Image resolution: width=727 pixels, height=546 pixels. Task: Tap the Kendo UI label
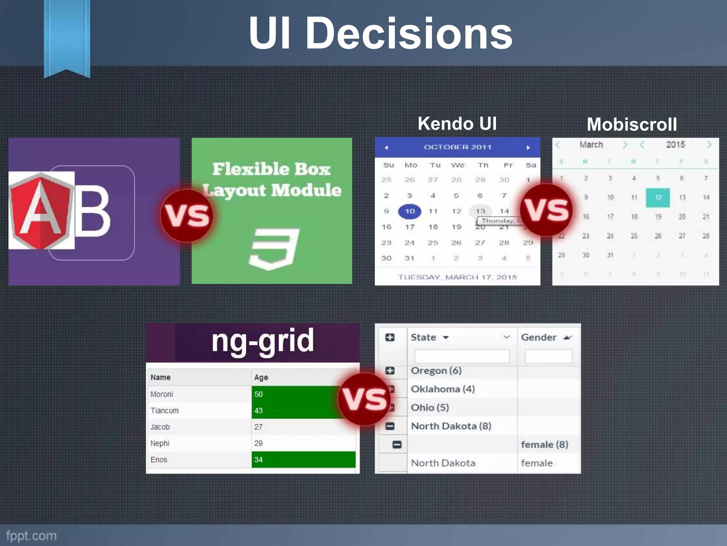coord(457,124)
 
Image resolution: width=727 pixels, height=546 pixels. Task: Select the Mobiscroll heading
coord(632,124)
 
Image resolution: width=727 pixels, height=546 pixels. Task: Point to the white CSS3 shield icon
coord(273,248)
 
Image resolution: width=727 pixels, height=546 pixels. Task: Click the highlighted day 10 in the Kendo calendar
coord(410,211)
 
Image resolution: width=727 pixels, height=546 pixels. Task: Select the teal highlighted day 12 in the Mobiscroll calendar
coord(658,198)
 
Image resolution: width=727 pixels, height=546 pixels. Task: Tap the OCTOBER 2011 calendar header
coord(457,147)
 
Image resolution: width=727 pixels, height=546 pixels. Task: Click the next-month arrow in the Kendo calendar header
coord(528,148)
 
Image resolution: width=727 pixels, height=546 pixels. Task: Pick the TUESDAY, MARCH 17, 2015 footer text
coord(457,277)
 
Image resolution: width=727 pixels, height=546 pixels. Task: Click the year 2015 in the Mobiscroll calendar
coord(675,145)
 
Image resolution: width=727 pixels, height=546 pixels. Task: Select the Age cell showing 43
coord(258,411)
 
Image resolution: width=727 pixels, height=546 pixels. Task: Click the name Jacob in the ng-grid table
coord(160,427)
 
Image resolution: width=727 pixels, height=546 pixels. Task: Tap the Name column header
coord(160,378)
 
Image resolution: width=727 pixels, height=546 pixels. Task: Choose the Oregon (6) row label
coord(436,371)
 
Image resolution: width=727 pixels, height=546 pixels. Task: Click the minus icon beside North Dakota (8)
coord(390,426)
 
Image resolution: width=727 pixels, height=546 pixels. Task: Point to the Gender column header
coord(539,337)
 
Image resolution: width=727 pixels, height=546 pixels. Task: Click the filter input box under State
coord(462,356)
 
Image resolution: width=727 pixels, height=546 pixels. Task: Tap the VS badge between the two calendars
coord(546,210)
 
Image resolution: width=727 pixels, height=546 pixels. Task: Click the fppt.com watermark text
coord(31,536)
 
